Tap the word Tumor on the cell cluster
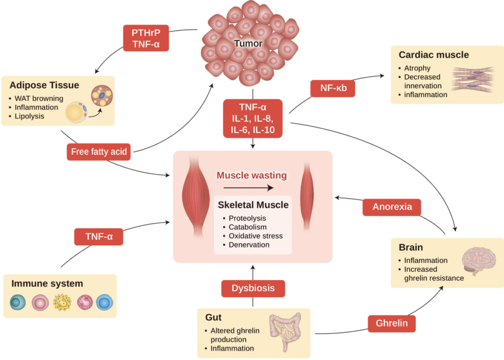248,43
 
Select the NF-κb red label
333,88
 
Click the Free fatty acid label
99,152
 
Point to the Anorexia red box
392,207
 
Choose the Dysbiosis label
252,288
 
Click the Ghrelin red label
392,324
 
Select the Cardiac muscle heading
434,55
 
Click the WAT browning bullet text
39,98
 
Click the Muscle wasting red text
252,175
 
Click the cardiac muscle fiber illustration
475,80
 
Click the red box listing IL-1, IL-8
252,118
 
